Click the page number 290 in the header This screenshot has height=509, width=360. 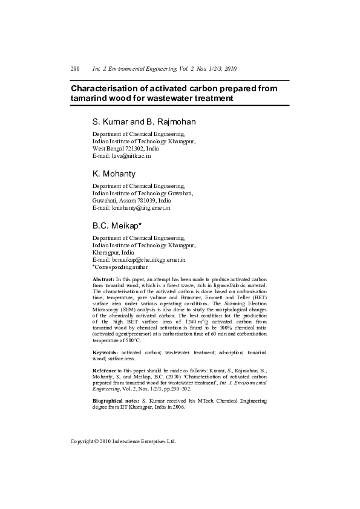(x=75, y=69)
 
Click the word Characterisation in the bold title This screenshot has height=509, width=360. (x=106, y=88)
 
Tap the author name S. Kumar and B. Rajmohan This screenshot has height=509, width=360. (x=144, y=122)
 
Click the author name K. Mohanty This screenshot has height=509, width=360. (x=114, y=173)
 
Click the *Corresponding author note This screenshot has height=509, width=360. (x=120, y=267)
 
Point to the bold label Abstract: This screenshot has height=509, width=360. (x=103, y=279)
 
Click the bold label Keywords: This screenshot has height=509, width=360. (x=105, y=352)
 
